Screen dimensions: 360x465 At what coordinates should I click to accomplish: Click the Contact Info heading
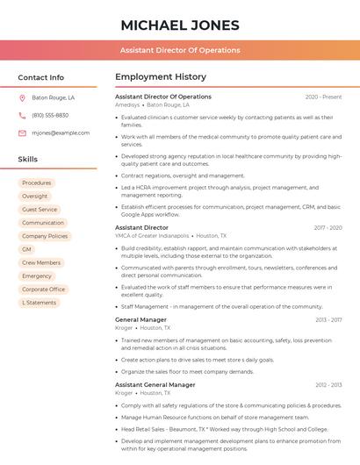(x=41, y=77)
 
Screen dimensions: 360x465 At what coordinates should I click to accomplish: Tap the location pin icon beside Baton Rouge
(x=22, y=98)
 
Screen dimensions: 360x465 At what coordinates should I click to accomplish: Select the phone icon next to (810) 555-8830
(x=22, y=116)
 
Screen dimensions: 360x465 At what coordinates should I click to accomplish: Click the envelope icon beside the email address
(x=22, y=133)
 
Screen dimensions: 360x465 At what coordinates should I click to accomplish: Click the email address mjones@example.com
(x=61, y=133)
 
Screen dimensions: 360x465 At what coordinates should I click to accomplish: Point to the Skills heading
(x=28, y=160)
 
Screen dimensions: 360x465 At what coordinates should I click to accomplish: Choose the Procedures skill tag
(x=37, y=182)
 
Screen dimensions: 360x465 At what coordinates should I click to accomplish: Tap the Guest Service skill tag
(x=40, y=210)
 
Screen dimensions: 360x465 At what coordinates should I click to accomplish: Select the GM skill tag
(x=26, y=249)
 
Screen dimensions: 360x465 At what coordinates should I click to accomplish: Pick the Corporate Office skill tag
(x=44, y=290)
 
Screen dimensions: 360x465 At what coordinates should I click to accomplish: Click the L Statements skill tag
(x=40, y=303)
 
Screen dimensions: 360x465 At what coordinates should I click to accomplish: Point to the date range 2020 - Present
(x=323, y=97)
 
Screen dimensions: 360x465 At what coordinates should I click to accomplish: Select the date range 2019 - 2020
(x=328, y=227)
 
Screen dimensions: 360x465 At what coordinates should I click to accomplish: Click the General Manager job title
(x=140, y=319)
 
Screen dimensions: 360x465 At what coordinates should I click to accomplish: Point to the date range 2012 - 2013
(x=328, y=385)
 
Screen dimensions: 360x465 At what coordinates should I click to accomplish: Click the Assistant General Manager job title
(x=155, y=384)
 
